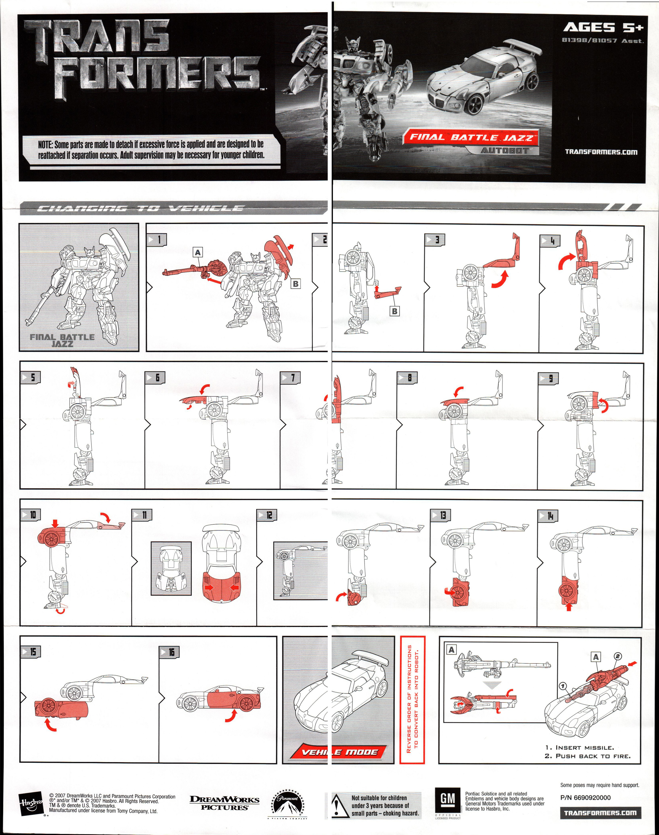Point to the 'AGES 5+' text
pos(603,27)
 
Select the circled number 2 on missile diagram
pos(618,656)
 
